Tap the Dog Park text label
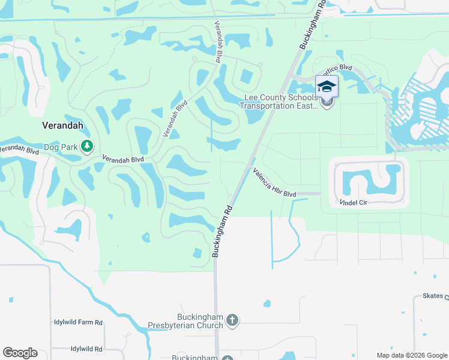[x=61, y=146]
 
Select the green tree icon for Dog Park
[x=87, y=146]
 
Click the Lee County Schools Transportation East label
[x=279, y=102]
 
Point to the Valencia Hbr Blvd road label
[x=274, y=182]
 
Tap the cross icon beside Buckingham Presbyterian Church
[x=232, y=321]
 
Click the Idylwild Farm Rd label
[x=78, y=323]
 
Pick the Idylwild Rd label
[x=86, y=349]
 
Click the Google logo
[x=20, y=353]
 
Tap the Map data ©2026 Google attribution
[x=411, y=355]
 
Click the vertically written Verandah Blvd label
[x=217, y=42]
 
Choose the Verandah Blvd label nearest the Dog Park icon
[x=122, y=159]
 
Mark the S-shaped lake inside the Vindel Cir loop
[x=370, y=180]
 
